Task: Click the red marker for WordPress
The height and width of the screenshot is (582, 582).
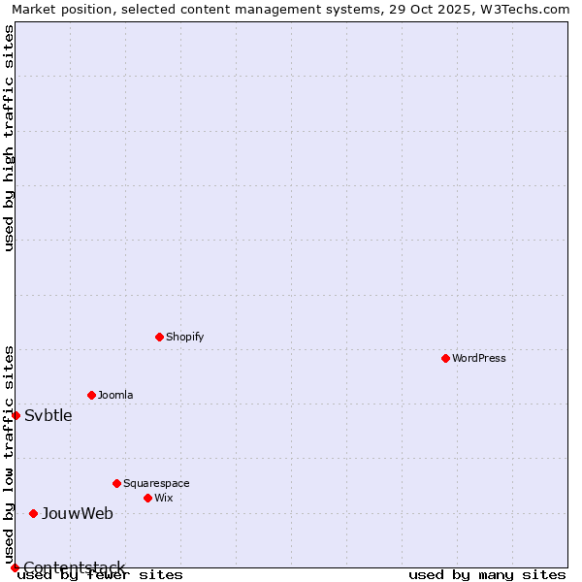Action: (x=445, y=358)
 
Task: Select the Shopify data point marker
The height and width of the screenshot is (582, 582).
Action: (x=159, y=337)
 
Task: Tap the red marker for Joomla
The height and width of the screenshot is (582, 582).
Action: (x=91, y=395)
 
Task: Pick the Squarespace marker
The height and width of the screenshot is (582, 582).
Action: (x=116, y=483)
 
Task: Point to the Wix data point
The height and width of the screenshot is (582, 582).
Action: (x=147, y=498)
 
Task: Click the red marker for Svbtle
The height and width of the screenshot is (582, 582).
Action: (x=16, y=415)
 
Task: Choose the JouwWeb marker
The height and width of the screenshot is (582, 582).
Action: (x=33, y=513)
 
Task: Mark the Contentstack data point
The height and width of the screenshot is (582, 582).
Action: (x=15, y=567)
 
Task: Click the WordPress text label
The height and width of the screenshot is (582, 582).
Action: (x=479, y=358)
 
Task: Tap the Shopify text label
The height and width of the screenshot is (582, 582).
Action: (x=185, y=337)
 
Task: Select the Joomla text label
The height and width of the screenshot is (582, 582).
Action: (x=115, y=395)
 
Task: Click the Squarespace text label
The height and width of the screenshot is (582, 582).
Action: (x=156, y=483)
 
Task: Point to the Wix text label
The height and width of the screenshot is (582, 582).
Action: (x=164, y=498)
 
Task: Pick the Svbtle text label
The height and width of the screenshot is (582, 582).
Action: (x=48, y=416)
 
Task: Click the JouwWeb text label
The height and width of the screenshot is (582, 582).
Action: (x=78, y=514)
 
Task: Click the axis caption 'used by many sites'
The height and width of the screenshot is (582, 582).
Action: (x=487, y=575)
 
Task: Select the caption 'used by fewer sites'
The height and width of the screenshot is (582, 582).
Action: (x=101, y=575)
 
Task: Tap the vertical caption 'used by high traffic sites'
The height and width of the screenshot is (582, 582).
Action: (x=9, y=138)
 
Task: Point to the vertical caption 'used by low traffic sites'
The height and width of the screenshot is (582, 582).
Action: (x=9, y=455)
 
